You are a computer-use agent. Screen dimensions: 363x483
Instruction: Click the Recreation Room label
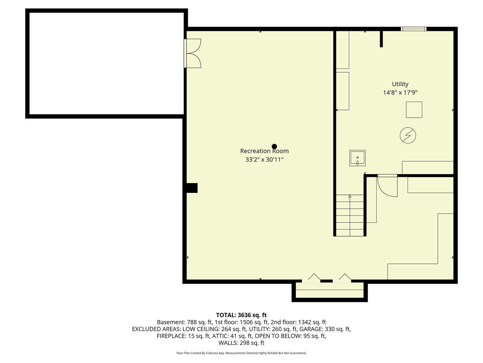point(264,151)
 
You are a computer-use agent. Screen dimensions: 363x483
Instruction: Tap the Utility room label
point(400,84)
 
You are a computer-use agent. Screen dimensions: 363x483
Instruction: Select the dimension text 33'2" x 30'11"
point(264,160)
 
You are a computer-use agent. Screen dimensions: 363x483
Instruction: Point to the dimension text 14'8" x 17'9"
point(400,92)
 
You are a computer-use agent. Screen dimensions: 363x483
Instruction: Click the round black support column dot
point(274,146)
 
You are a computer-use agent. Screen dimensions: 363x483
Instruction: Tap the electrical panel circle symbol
point(408,135)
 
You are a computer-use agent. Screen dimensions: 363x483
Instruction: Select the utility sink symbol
point(357,158)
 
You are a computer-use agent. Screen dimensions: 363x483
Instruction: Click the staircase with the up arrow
point(350,215)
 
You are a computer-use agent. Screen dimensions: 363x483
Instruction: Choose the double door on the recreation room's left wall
point(193,53)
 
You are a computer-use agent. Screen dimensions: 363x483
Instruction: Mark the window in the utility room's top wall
point(414,29)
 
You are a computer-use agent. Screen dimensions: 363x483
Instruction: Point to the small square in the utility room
point(414,110)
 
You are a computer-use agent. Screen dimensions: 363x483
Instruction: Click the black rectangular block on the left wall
point(192,188)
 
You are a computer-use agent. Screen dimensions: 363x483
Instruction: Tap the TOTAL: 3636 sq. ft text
point(241,315)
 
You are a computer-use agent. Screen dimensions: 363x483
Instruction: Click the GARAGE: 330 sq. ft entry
point(325,329)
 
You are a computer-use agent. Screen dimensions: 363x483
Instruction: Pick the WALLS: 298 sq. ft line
point(241,343)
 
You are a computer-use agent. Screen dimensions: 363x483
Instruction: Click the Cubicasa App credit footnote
point(241,353)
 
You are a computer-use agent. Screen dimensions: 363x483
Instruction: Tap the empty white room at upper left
point(106,64)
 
